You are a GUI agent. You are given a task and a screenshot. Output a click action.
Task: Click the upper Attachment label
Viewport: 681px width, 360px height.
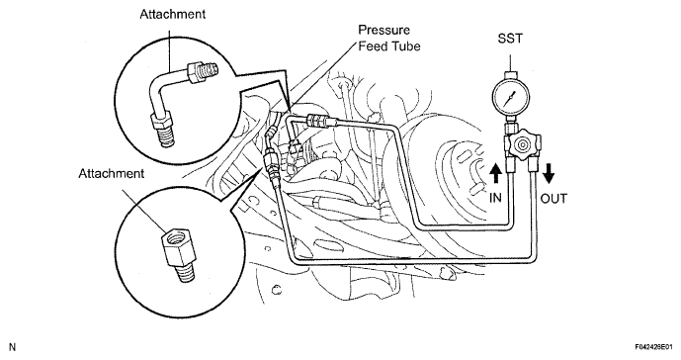coord(172,14)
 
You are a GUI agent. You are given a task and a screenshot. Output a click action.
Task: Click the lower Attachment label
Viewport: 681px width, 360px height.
coord(111,173)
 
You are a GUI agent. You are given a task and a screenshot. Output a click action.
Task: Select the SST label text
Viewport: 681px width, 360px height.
coord(510,39)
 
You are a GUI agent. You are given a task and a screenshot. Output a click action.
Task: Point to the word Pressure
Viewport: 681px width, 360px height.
coord(383,30)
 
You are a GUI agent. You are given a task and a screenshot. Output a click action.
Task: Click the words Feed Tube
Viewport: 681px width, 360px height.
coord(389,45)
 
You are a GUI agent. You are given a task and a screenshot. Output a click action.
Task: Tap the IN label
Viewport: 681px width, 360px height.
coord(495,198)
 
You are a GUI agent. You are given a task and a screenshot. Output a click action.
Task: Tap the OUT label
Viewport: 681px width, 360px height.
coord(553,199)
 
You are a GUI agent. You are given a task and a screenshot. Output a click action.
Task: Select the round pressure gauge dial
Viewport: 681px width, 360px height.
coord(511,97)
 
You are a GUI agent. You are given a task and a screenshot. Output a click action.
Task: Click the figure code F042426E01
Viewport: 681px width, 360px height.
coord(654,347)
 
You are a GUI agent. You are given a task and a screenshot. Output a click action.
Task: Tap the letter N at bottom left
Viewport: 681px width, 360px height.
coord(12,347)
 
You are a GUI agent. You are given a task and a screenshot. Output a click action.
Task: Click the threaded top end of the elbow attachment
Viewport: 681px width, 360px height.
coord(209,68)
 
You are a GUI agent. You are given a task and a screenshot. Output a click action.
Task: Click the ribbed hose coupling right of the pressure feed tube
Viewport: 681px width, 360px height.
coord(319,121)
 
